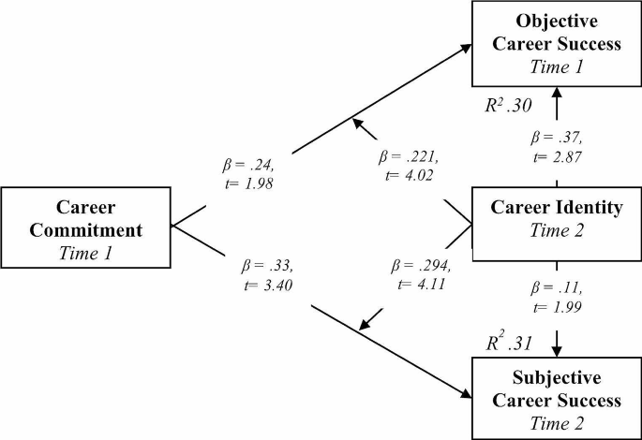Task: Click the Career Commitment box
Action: point(85,227)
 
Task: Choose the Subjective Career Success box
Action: point(558,402)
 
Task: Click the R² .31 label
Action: point(509,343)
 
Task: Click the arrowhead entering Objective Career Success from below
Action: point(558,93)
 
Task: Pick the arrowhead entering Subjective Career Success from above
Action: point(558,349)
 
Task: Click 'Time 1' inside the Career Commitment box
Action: point(85,250)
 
